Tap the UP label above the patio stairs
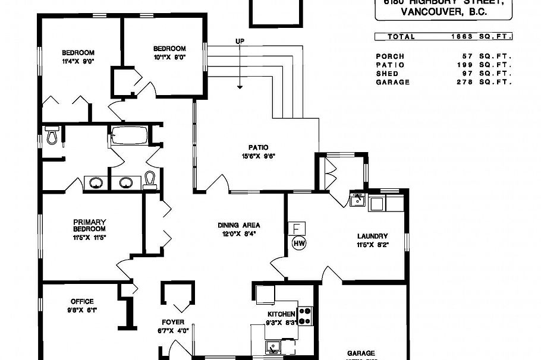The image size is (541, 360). [x=240, y=41]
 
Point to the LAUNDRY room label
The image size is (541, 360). [x=373, y=236]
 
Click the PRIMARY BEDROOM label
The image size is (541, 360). [x=89, y=225]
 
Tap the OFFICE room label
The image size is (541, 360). [x=82, y=301]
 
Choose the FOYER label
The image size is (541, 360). [x=173, y=323]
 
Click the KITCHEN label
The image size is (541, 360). [x=281, y=314]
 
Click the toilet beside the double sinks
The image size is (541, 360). [x=150, y=178]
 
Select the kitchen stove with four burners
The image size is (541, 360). [x=305, y=315]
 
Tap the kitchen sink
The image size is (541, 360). [x=275, y=345]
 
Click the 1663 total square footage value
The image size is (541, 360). [x=462, y=36]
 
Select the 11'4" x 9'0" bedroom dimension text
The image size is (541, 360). [x=78, y=61]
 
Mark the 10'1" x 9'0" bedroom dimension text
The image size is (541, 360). [x=169, y=57]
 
